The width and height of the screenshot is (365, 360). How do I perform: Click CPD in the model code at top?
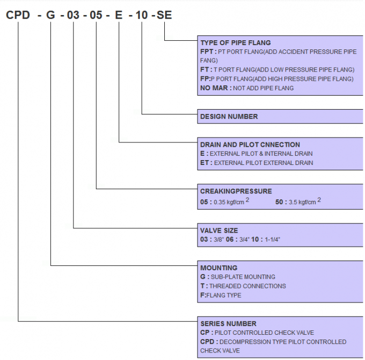[x=18, y=15]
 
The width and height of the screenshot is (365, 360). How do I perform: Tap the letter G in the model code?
[x=50, y=15]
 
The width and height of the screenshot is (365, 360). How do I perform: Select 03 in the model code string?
[x=74, y=15]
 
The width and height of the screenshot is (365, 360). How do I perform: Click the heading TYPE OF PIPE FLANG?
[x=236, y=42]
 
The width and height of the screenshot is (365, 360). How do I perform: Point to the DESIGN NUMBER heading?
[x=229, y=116]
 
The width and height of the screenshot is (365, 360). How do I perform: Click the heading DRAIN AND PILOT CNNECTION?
[x=250, y=145]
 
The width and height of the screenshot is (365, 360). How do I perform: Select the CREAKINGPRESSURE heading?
[x=236, y=191]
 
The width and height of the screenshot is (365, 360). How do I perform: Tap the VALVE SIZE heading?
[x=219, y=231]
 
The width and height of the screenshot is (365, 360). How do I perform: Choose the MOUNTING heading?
[x=218, y=268]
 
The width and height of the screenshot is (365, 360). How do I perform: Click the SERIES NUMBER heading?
[x=228, y=323]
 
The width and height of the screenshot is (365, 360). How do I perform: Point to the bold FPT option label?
[x=207, y=52]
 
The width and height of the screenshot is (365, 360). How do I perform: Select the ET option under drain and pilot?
[x=204, y=162]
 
